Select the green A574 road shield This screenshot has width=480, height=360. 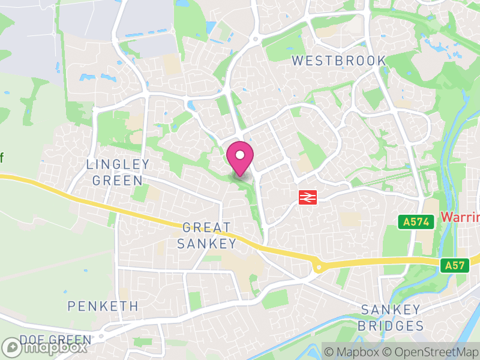pyautogui.click(x=416, y=222)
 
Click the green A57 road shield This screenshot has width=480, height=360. pyautogui.click(x=455, y=265)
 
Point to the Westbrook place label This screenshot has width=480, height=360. pyautogui.click(x=339, y=61)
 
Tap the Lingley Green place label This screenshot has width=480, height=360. pyautogui.click(x=118, y=172)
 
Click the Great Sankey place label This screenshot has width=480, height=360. pyautogui.click(x=206, y=235)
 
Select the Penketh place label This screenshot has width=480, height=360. pyautogui.click(x=103, y=306)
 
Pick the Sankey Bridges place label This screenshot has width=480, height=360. pyautogui.click(x=391, y=318)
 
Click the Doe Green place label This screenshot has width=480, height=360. pyautogui.click(x=55, y=340)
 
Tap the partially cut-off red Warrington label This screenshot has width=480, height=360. pyautogui.click(x=460, y=216)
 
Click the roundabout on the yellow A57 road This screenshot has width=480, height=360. pyautogui.click(x=319, y=267)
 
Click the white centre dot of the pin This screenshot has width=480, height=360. pyautogui.click(x=240, y=155)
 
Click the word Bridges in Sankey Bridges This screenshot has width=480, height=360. pyautogui.click(x=391, y=326)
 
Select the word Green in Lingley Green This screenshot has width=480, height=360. pyautogui.click(x=118, y=180)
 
